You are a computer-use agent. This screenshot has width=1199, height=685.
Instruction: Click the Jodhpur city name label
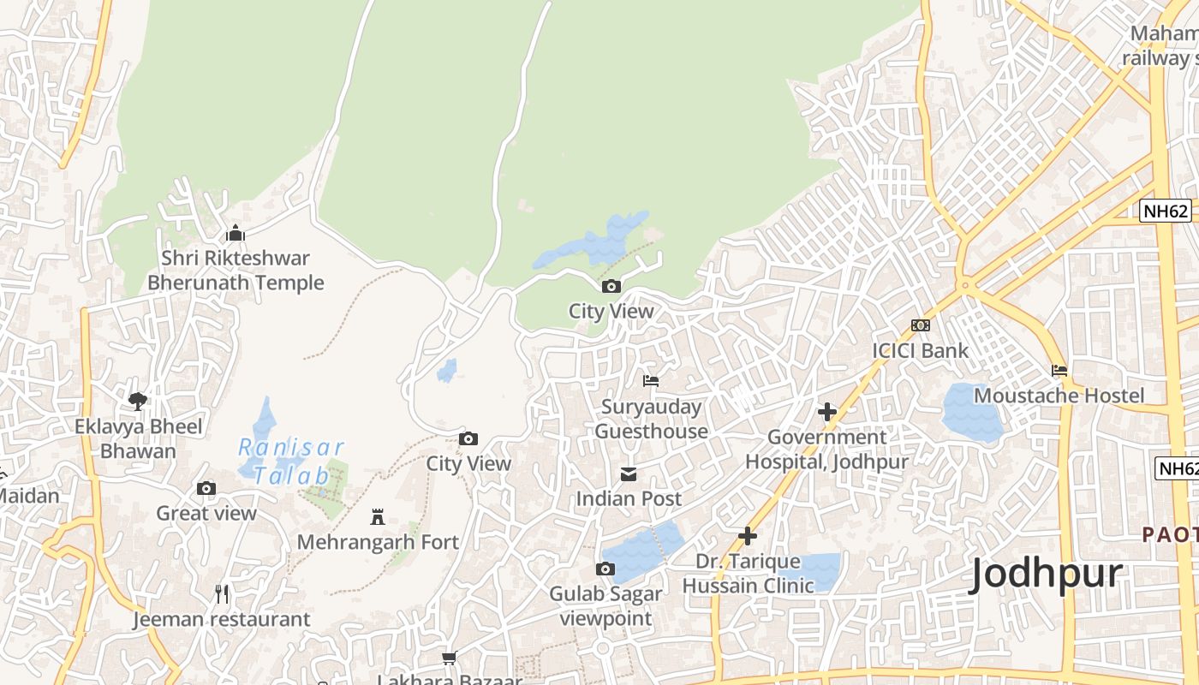(1045, 574)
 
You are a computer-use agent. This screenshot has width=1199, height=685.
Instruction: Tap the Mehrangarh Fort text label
(378, 542)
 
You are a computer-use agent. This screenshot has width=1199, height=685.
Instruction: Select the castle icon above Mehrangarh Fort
(377, 516)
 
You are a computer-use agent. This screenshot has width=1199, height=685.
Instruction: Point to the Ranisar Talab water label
(291, 462)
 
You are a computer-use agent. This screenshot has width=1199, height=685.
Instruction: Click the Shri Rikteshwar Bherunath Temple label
(236, 270)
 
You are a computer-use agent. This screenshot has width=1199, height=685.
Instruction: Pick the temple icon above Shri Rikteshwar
(235, 233)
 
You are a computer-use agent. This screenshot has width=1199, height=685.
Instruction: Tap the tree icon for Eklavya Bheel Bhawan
(137, 401)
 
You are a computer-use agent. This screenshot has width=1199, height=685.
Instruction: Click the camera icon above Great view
(206, 488)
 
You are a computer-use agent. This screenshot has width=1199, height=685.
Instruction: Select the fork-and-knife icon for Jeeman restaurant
(222, 593)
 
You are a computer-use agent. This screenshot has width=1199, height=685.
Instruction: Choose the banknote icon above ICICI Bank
(921, 325)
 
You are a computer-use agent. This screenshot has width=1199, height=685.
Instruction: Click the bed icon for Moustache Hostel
(1059, 371)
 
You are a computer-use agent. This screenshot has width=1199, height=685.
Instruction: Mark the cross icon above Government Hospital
(826, 412)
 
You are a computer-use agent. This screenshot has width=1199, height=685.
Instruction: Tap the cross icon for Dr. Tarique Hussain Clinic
(748, 536)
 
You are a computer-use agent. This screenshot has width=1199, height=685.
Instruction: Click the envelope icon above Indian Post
(629, 474)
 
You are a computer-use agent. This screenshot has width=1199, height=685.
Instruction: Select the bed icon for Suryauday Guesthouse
(651, 381)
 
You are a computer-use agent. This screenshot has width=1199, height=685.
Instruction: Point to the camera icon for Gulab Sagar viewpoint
(605, 569)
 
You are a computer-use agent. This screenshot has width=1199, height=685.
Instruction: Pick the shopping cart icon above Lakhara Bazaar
(449, 658)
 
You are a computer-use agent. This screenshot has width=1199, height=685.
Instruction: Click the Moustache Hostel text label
(1059, 396)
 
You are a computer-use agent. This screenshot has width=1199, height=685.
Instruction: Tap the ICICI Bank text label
(920, 350)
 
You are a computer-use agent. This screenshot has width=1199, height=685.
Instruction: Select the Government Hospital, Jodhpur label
(826, 449)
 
